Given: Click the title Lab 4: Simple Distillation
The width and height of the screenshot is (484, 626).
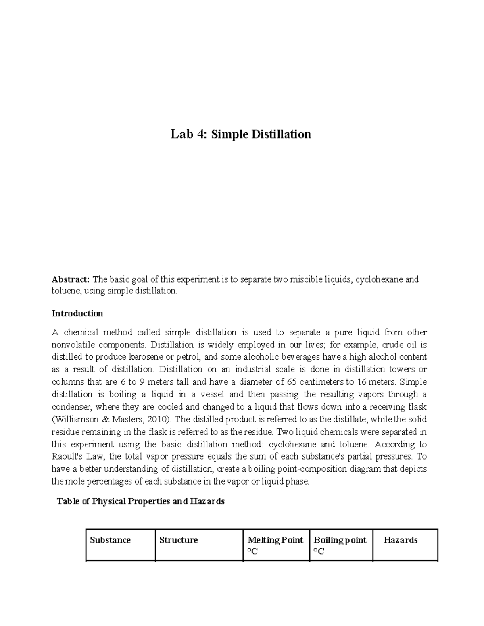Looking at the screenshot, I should pos(240,134).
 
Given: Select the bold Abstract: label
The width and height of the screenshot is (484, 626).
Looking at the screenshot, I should pos(71,279).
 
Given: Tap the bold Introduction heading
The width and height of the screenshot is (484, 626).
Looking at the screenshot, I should pos(77,314).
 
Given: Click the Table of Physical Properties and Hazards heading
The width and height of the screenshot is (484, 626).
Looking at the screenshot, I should pos(141,501).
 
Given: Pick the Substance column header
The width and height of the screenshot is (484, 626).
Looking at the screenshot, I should pos(110,540).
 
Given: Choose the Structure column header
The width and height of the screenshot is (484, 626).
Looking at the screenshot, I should pos(178,540).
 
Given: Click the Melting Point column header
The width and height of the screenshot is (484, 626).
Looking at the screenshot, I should pos(275,540).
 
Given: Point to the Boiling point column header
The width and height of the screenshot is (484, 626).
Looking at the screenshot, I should pos(340,540).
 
